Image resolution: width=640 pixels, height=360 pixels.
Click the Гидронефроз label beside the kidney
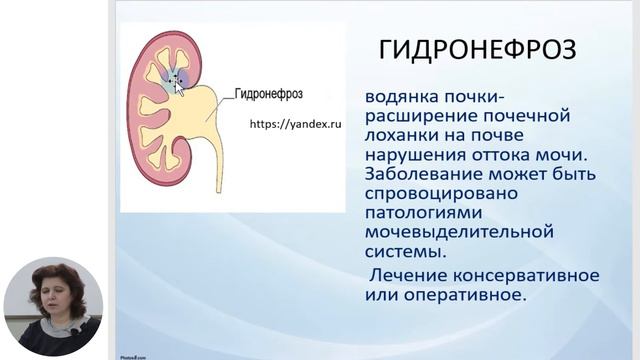(267, 95)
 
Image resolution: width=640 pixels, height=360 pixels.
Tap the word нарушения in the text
(412, 156)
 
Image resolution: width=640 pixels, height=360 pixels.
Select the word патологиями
(419, 213)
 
